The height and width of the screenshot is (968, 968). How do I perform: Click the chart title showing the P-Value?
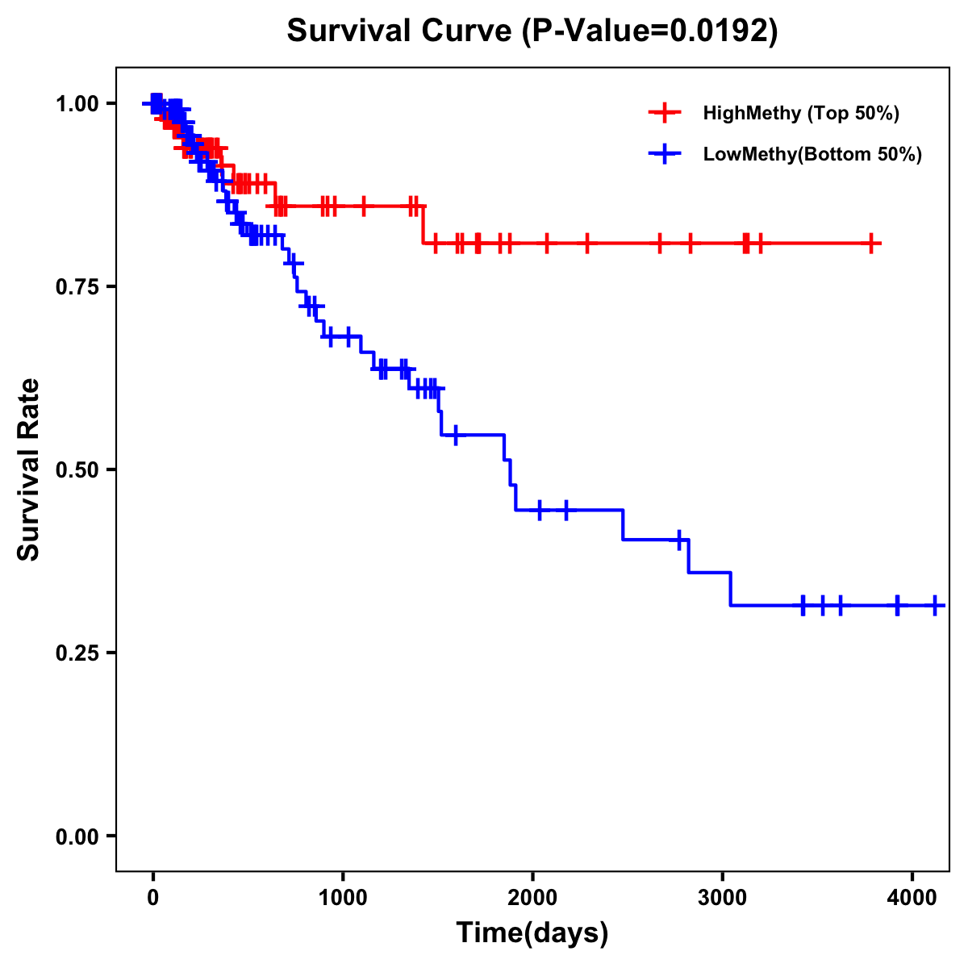pos(532,31)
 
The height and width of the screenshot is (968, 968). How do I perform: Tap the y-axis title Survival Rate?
pos(29,469)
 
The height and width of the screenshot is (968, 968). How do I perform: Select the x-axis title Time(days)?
pos(532,933)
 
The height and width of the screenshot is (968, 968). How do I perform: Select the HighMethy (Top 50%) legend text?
pos(801,113)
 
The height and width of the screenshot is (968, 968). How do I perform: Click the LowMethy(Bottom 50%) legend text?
pos(812,154)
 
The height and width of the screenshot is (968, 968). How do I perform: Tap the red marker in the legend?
pos(665,113)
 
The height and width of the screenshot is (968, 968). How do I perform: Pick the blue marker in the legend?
pos(665,154)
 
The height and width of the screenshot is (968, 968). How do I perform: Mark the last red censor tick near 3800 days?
pos(871,243)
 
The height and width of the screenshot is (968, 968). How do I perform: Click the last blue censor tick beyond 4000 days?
pos(934,605)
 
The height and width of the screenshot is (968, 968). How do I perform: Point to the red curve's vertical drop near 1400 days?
pos(423,225)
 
